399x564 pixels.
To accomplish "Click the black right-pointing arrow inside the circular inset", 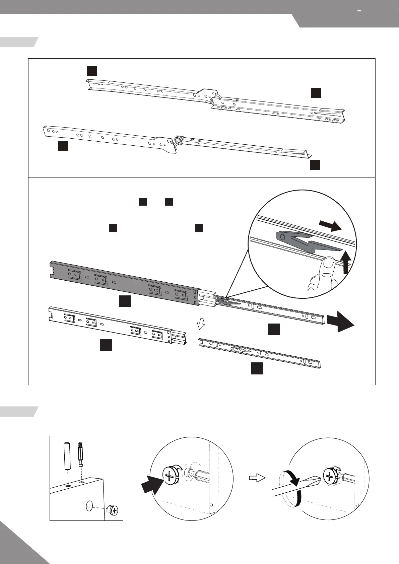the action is (x=330, y=226).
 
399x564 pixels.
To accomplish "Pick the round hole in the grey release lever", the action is (x=282, y=237).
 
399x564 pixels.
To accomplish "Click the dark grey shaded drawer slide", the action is (x=124, y=281).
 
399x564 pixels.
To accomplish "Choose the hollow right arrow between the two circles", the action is (x=257, y=478).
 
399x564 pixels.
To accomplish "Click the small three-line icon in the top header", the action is (x=359, y=11).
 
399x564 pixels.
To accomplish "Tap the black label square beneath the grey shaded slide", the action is (x=125, y=301).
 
